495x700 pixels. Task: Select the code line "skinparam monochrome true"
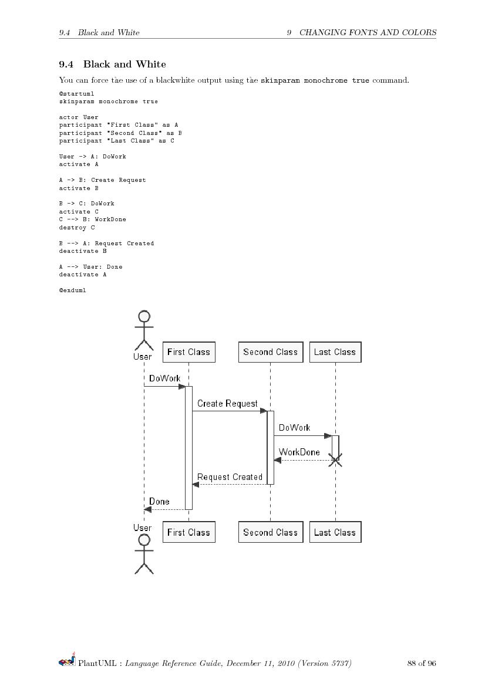[108, 102]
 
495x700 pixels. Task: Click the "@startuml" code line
[76, 93]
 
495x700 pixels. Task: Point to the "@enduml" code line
[72, 290]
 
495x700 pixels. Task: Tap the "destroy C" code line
[76, 227]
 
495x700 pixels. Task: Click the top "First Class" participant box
[188, 352]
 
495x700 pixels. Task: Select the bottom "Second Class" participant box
[270, 532]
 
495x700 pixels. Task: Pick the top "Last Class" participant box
[335, 352]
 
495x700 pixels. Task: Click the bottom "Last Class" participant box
[335, 532]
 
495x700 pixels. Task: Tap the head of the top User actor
[144, 317]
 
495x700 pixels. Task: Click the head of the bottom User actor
[144, 540]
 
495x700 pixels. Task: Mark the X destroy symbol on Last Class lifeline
[335, 461]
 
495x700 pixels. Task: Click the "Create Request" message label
[227, 404]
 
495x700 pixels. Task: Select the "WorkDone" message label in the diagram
[299, 452]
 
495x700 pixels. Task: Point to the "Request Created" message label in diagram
[230, 477]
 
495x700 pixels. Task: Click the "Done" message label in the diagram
[159, 502]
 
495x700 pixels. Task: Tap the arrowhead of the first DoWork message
[181, 386]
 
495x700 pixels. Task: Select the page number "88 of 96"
[421, 664]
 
